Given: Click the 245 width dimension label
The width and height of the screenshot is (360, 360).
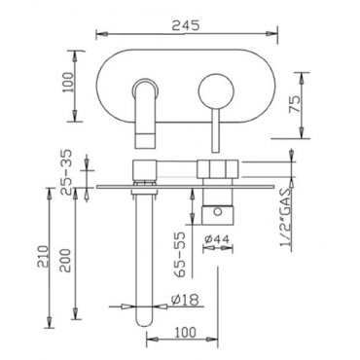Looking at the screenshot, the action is pos(186,26).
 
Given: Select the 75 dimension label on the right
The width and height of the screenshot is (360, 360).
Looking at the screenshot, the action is pos(295,104).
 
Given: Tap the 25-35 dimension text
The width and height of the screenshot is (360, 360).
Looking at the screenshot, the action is pos(67,172).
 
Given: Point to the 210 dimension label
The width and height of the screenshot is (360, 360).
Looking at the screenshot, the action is pos(43,258).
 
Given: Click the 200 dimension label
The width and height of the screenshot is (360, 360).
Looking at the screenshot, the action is pos(66,261).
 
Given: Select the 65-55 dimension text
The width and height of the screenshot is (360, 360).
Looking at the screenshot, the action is pos(180,254).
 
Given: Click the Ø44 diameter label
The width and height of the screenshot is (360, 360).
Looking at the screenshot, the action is pos(217,239).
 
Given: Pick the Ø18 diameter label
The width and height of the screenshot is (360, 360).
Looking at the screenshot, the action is pos(184,300).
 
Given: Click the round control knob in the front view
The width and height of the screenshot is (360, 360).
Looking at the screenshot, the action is pos(216,91).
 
